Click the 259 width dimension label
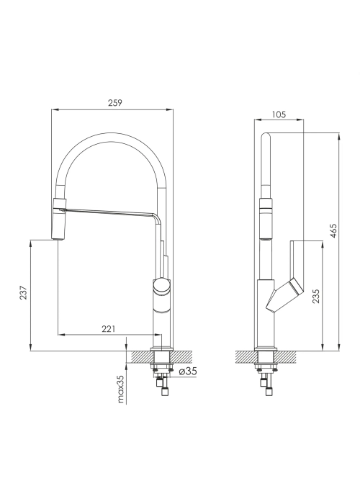tap(114, 103)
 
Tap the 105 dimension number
tap(279, 114)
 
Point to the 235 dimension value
tap(316, 297)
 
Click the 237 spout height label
tap(24, 292)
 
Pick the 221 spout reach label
tap(108, 329)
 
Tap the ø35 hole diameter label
tap(187, 372)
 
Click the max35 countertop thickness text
tap(120, 389)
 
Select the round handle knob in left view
tap(162, 286)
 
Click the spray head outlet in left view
tap(58, 239)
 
